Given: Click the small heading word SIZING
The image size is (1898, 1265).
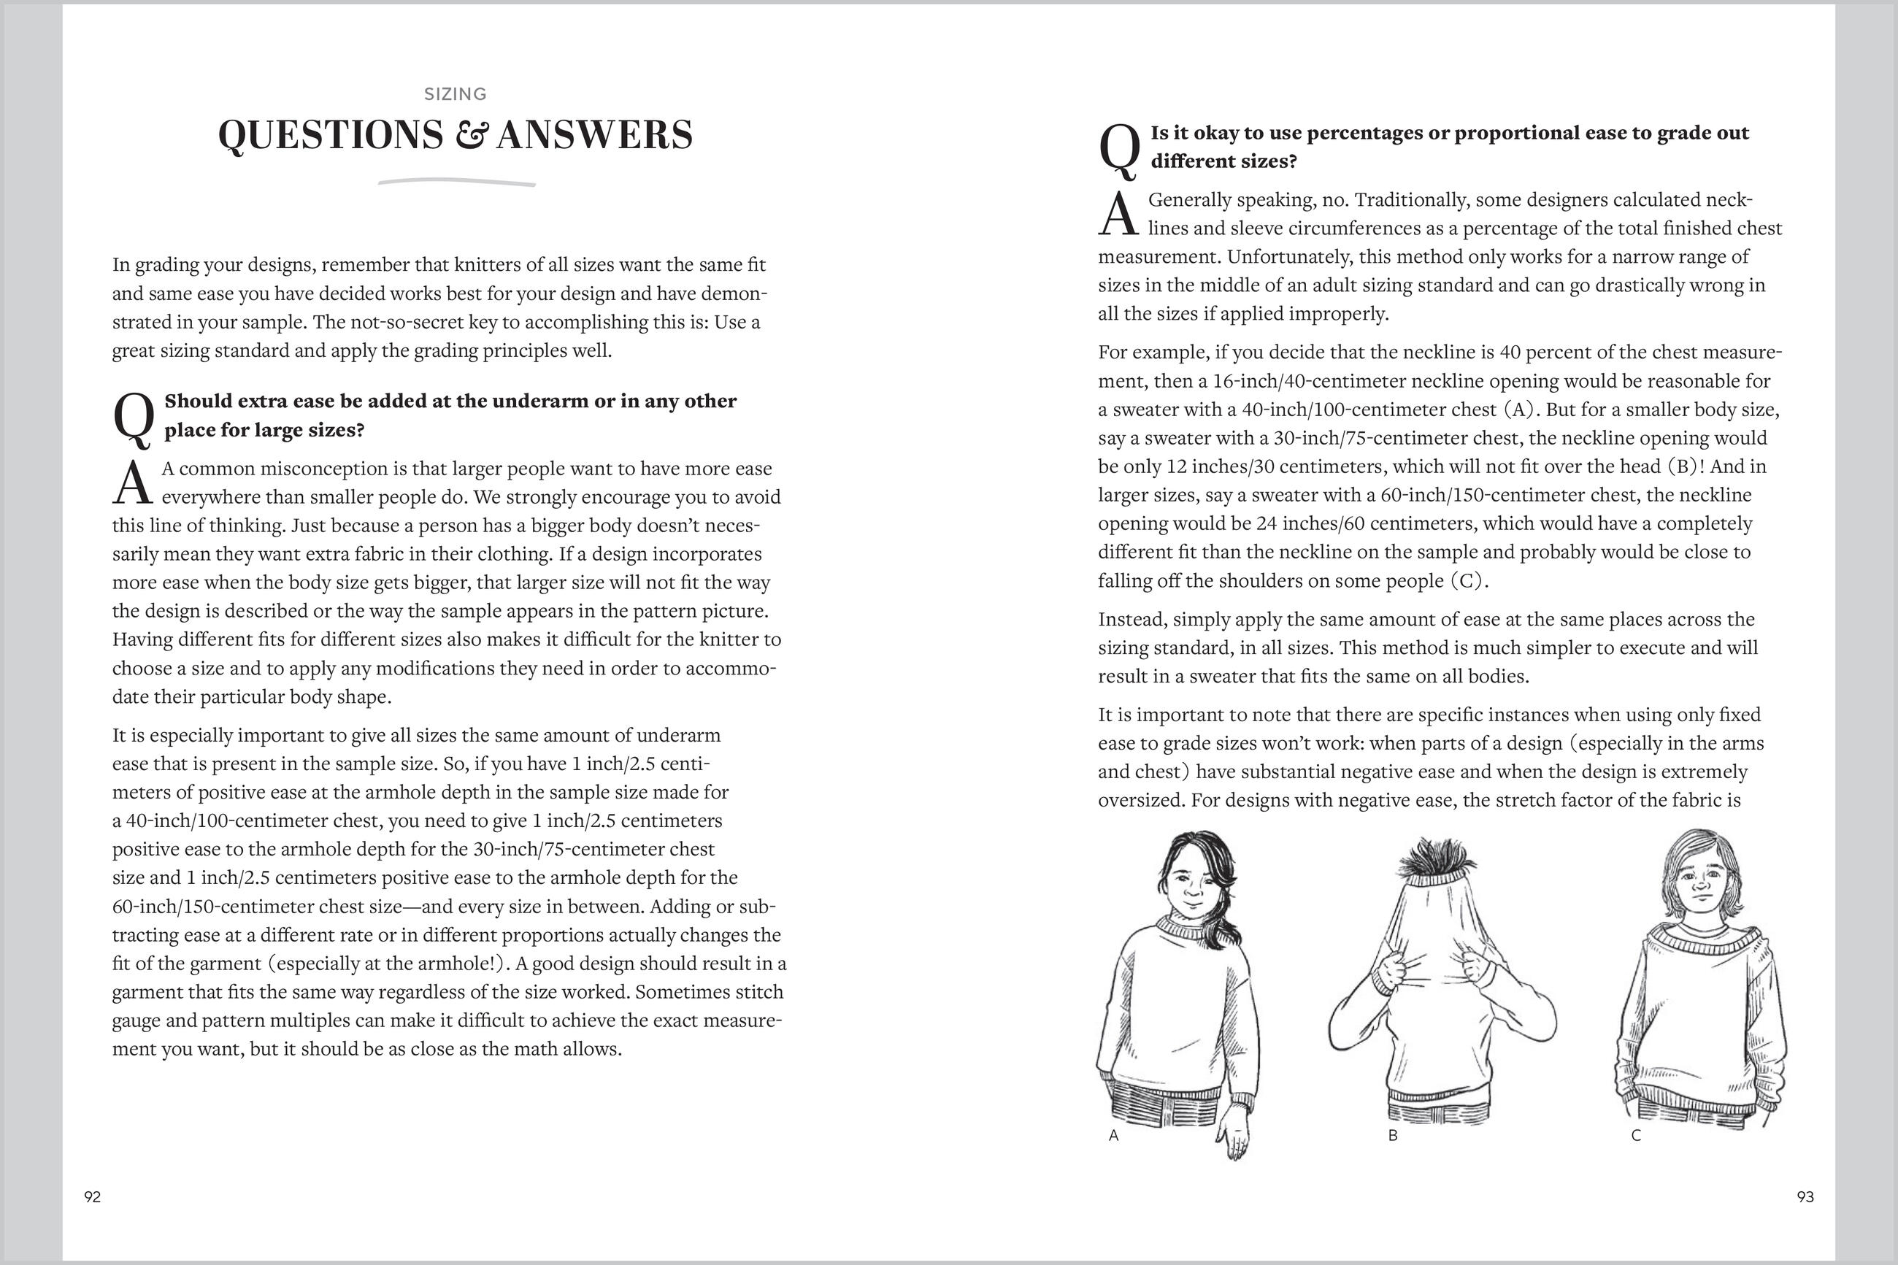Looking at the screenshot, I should coord(455,94).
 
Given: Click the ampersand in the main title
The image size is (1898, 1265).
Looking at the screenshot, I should coord(470,136).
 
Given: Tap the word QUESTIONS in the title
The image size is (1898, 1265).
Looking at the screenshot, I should coord(331,136).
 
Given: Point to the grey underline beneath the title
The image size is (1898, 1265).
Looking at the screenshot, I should coord(456,182).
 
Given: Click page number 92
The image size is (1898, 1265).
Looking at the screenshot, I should coord(93,1196).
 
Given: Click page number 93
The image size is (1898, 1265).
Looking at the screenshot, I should coord(1805,1196).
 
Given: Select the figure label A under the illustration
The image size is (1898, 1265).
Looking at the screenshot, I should coord(1114,1135).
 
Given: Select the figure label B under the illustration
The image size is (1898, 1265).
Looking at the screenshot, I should coord(1392,1135).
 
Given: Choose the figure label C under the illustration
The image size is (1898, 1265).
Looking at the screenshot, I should coord(1636,1135).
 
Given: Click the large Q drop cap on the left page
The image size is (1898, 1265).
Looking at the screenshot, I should coord(134,419).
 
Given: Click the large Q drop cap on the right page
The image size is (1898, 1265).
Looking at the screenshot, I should coord(1120,151).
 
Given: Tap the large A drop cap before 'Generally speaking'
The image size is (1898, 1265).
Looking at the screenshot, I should coord(1118,215).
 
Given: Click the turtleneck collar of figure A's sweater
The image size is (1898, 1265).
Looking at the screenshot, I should coord(1182,926).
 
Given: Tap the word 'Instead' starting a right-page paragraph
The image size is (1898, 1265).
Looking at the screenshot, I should coord(1130,620).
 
